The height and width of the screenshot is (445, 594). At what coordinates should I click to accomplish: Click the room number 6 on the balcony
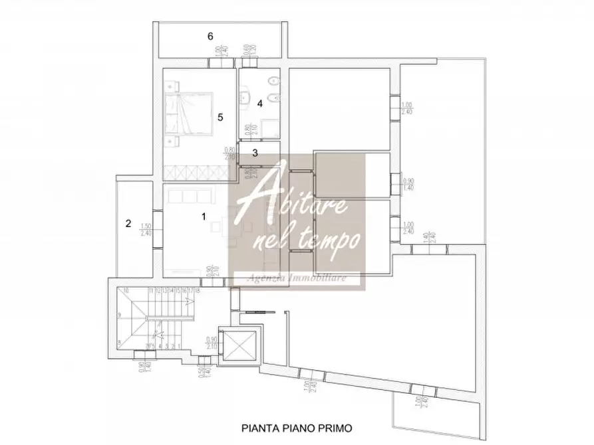210,37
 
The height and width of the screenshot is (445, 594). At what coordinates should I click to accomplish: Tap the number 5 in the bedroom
220,117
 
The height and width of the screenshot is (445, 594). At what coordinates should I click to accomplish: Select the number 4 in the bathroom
260,104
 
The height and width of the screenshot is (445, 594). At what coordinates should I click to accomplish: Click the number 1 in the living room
204,216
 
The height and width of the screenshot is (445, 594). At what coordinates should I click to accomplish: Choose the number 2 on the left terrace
128,224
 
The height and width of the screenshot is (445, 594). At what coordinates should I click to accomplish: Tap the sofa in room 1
189,197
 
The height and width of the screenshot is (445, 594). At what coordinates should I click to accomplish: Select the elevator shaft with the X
237,344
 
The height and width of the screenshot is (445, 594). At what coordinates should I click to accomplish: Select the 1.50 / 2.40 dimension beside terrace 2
145,229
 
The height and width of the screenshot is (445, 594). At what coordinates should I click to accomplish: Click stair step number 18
198,291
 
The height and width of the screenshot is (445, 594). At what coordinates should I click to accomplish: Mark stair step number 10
125,291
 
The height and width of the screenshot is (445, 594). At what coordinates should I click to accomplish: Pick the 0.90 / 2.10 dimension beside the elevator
212,340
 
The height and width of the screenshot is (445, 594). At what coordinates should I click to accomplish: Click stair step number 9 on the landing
120,315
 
